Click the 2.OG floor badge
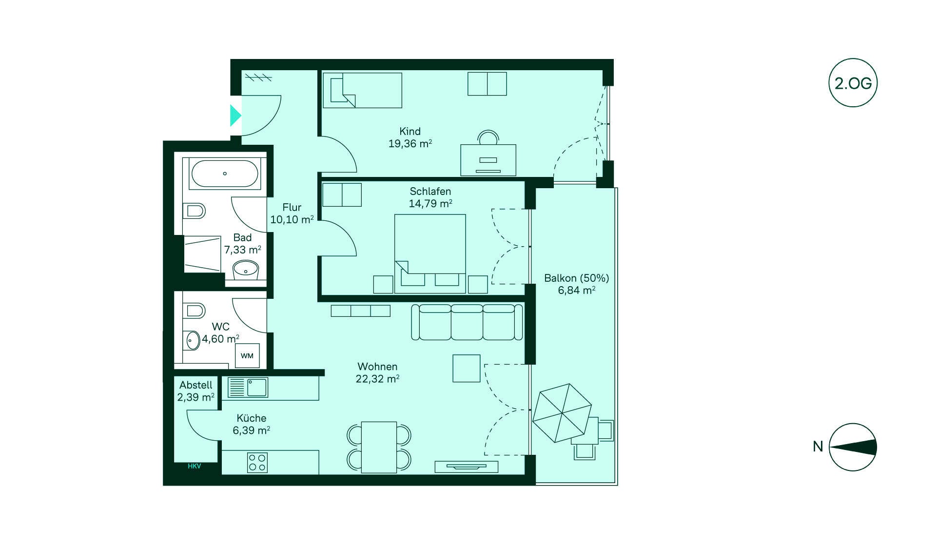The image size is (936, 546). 853,83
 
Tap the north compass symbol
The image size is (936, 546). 853,447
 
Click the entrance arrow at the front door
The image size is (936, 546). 235,116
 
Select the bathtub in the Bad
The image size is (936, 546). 225,174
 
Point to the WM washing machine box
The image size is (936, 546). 247,355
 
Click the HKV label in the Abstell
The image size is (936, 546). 194,466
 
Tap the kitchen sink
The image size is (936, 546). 248,388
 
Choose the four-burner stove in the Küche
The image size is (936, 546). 257,463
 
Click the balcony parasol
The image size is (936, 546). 562,412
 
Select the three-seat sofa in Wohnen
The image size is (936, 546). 467,322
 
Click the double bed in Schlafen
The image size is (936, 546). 430,253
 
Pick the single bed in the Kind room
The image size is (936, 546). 362,90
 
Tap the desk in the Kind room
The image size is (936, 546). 488,160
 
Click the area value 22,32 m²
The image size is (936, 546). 377,379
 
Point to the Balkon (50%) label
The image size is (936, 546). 577,278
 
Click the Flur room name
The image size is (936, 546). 292,207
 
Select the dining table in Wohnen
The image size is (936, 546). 379,447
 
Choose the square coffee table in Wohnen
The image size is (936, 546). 467,368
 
